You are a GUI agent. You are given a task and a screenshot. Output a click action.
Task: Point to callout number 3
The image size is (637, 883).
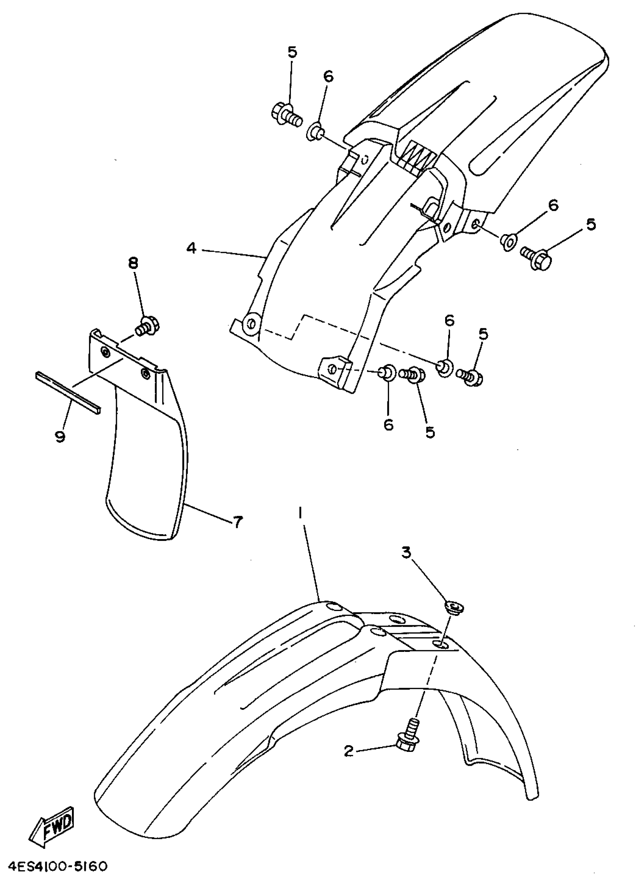(406, 553)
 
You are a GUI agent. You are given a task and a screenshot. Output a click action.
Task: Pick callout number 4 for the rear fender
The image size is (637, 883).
(191, 248)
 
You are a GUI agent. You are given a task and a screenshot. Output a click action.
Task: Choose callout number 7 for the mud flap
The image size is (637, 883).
(238, 521)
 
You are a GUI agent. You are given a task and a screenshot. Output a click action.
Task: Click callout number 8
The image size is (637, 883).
(133, 264)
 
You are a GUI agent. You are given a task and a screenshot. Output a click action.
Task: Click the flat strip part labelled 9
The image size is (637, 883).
(68, 391)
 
